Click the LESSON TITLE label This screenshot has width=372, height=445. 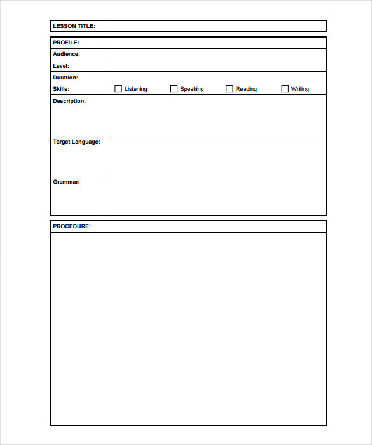point(74,26)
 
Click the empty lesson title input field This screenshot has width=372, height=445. point(215,26)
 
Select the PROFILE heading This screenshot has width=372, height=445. point(66,43)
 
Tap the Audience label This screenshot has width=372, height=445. point(66,54)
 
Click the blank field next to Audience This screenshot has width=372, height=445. point(215,54)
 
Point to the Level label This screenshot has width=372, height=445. point(61,65)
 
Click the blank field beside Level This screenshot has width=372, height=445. point(215,65)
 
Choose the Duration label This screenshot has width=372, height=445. point(65,78)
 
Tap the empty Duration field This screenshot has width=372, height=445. point(215,78)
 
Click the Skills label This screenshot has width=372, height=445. point(61,89)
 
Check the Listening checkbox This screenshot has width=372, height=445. point(118,89)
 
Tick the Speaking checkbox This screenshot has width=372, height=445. point(174,89)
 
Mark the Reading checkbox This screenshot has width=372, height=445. point(230,89)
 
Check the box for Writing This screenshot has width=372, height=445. point(285,89)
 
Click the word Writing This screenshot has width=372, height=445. point(300,89)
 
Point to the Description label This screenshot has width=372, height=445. point(69,101)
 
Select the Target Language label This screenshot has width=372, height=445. point(76,142)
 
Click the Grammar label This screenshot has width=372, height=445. point(66,182)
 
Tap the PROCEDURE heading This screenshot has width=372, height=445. point(72,226)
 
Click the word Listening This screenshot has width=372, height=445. point(136,89)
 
